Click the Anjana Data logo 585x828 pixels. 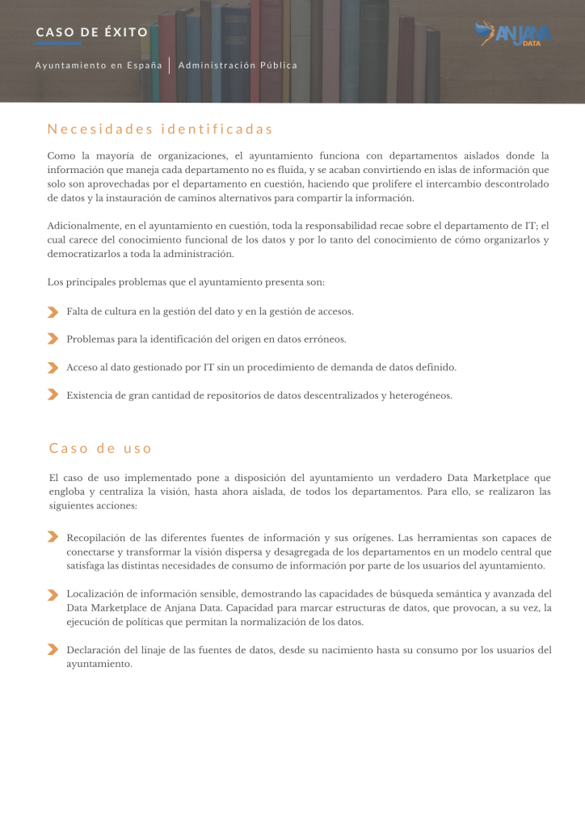tap(513, 34)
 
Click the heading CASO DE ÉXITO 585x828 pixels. tap(92, 32)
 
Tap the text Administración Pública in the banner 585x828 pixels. tap(238, 65)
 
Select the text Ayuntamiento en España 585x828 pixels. tap(99, 65)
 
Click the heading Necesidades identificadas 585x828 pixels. tap(160, 129)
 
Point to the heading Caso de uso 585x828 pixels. tap(101, 448)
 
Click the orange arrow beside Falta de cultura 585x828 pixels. tap(53, 311)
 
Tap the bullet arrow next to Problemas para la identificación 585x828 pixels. tap(53, 339)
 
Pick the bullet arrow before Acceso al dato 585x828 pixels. tap(53, 367)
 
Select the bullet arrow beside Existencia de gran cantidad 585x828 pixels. tap(53, 395)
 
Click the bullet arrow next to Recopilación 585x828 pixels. tap(53, 537)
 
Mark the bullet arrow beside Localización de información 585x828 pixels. tap(53, 594)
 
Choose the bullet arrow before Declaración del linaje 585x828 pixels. tap(53, 649)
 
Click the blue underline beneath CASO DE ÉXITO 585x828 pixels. tap(58, 44)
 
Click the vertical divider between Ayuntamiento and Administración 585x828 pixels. tap(170, 65)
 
